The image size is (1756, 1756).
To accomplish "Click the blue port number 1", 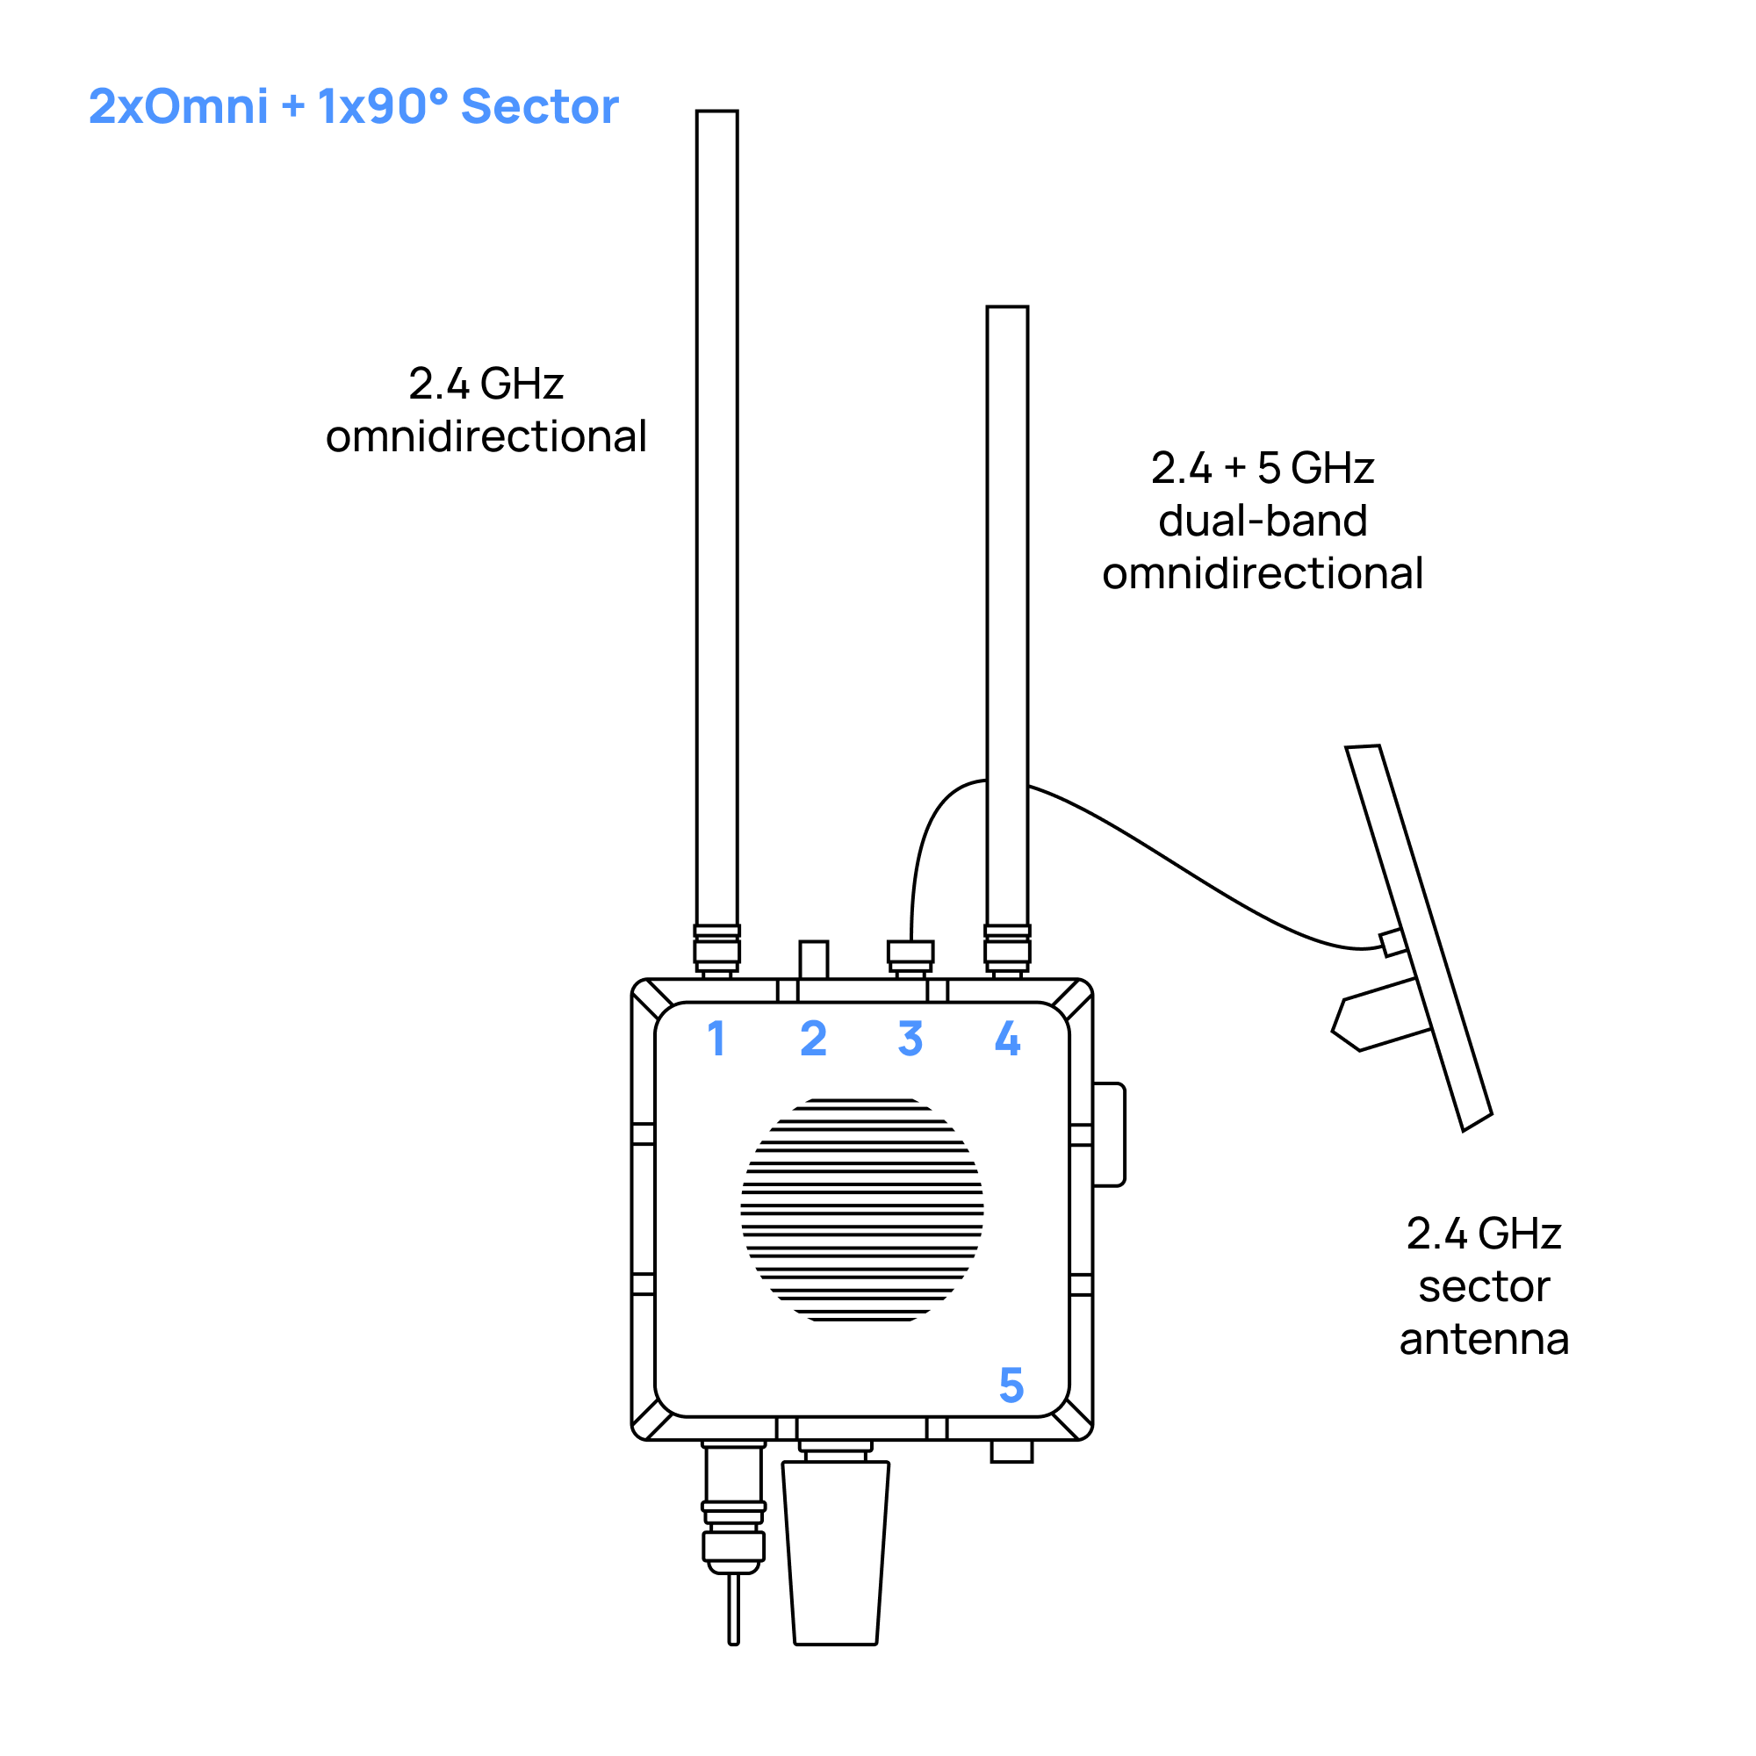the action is (x=717, y=1038).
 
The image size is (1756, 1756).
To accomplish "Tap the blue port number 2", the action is (x=814, y=1038).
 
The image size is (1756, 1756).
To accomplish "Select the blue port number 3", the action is (x=910, y=1038).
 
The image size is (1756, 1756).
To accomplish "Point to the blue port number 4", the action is (x=1007, y=1038).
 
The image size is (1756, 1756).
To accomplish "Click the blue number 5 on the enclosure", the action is (x=1011, y=1385).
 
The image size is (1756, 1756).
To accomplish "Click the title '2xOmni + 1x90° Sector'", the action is (x=354, y=106).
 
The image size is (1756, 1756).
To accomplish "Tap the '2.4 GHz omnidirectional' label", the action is (x=486, y=410).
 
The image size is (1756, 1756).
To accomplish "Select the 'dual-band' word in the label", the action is (x=1263, y=521).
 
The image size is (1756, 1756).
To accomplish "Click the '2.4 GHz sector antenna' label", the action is (x=1483, y=1286).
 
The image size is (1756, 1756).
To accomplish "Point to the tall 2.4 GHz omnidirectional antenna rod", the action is (x=717, y=518).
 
